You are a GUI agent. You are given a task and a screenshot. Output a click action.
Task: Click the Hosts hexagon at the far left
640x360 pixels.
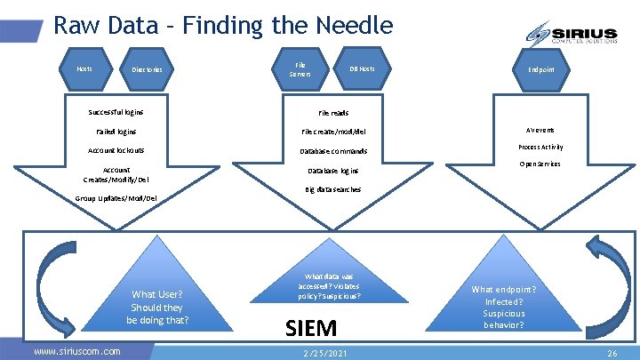pos(84,68)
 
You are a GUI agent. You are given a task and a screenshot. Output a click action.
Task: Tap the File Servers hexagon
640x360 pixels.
pos(300,68)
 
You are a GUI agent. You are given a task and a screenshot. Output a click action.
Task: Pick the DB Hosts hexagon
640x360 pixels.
pos(362,68)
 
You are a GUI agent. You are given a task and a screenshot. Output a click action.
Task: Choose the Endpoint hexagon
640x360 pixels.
pos(542,68)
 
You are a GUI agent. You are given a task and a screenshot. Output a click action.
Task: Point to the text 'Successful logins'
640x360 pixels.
pos(116,112)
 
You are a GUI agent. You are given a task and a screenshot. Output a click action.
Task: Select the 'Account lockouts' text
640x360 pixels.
pos(116,150)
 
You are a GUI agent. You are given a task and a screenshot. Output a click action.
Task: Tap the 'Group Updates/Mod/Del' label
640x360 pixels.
pos(116,197)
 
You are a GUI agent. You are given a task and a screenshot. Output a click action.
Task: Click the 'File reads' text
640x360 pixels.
pos(333,113)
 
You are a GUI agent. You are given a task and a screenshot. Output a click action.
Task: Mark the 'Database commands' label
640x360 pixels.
pos(333,151)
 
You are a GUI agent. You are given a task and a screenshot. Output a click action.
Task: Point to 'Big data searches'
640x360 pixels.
pos(333,189)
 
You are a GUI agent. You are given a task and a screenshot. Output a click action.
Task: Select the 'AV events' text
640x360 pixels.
pos(540,129)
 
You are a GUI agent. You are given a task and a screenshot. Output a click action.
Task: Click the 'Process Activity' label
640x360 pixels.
pos(540,147)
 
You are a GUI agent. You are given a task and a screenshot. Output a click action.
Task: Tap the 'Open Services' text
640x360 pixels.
pos(540,164)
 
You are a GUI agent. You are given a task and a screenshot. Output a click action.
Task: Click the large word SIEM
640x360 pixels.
pos(311,328)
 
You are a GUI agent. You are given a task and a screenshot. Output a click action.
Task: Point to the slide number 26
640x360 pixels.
pos(612,353)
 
